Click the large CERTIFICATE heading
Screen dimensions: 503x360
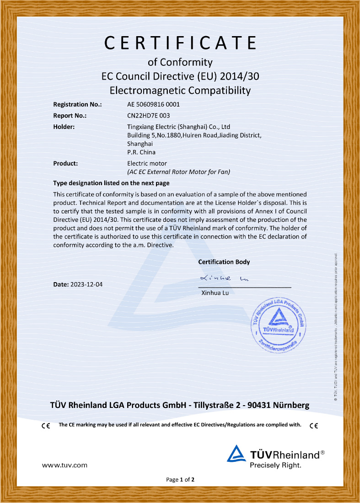pos(180,43)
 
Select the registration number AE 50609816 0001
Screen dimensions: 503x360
pos(156,104)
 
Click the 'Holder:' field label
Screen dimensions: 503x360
pos(64,127)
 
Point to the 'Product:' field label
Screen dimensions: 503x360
pos(65,163)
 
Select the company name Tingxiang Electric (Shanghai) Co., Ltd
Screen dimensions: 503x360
pos(178,127)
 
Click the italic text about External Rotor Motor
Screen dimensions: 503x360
pos(178,172)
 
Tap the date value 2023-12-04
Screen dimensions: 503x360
pos(86,284)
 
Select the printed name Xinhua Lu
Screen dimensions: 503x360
pos(215,293)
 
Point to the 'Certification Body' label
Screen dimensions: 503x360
pos(224,262)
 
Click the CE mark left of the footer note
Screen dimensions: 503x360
pos(46,426)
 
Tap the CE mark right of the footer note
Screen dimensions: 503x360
pos(314,426)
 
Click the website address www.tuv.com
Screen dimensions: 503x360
pos(64,465)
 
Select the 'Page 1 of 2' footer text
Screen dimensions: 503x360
pos(180,480)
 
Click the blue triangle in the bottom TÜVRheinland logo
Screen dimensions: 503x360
pos(236,454)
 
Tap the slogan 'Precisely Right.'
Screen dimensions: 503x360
pos(275,466)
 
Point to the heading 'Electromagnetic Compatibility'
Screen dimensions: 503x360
pos(180,90)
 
